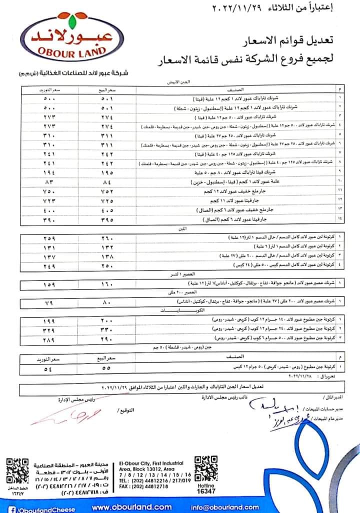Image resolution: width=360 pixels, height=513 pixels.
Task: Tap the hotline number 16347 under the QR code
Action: [205, 491]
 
